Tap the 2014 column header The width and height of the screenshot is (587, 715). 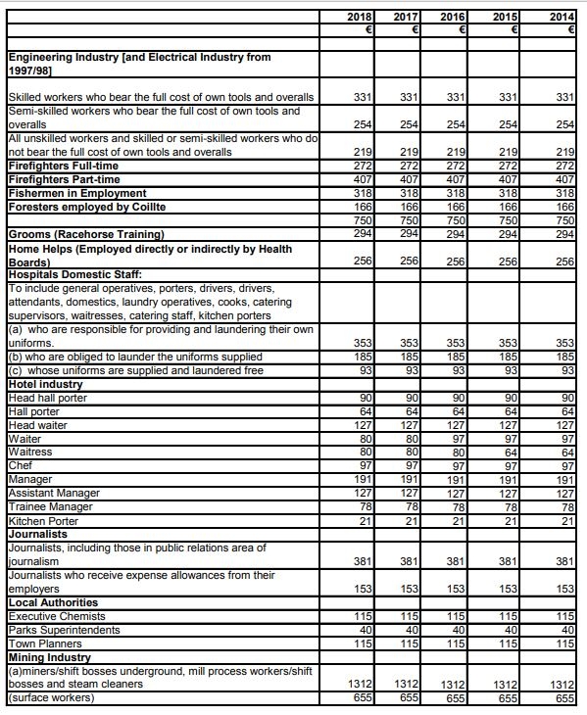[563, 18]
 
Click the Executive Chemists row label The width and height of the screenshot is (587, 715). [53, 615]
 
